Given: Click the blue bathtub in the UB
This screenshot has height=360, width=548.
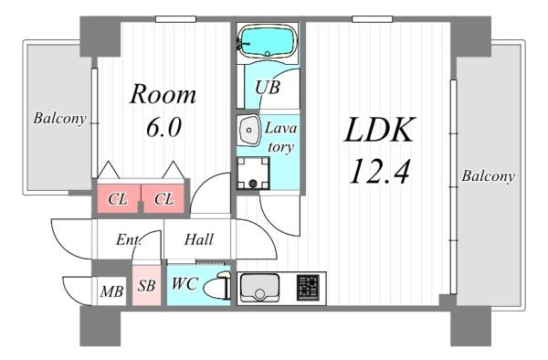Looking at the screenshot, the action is click(268, 41).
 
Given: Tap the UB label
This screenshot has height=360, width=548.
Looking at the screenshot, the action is click(268, 88).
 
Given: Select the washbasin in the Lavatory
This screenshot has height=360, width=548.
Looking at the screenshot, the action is click(248, 130).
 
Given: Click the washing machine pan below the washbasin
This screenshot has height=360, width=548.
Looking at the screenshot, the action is click(253, 173).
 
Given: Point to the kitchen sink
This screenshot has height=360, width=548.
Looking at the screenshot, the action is click(259, 288).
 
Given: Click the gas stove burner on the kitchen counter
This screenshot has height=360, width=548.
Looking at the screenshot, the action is click(309, 288).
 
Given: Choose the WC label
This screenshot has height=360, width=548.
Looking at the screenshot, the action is click(184, 283).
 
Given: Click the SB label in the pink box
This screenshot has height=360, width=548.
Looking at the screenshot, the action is click(146, 285).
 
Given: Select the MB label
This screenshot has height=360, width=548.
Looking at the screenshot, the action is click(111, 291).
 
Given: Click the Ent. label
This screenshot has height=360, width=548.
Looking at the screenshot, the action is click(129, 239).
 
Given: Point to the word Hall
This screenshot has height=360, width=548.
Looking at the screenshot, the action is click(198, 239).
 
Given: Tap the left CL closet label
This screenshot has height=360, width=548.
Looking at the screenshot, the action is click(118, 199).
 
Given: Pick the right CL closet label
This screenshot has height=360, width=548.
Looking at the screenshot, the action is click(163, 199).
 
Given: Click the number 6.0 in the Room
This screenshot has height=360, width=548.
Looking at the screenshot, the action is click(163, 127).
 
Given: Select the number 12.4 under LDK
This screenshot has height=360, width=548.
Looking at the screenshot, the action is click(379, 171).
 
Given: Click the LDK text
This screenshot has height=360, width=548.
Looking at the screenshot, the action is click(380, 130).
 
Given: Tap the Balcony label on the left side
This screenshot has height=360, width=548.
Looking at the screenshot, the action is click(59, 119).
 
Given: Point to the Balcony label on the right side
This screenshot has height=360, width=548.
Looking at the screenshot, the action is click(488, 175).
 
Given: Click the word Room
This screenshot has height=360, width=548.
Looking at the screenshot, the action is click(163, 94).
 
